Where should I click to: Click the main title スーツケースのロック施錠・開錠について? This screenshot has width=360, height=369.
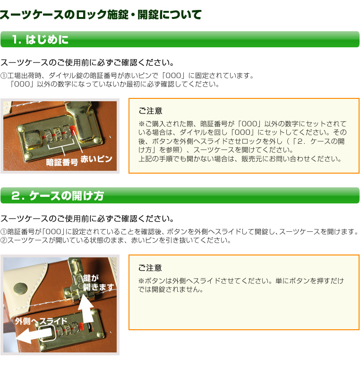pyautogui.click(x=101, y=15)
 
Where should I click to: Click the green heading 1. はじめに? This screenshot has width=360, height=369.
pyautogui.click(x=40, y=39)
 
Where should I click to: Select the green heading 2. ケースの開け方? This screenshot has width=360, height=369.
pyautogui.click(x=58, y=195)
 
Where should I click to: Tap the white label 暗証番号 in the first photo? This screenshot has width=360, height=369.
pyautogui.click(x=62, y=162)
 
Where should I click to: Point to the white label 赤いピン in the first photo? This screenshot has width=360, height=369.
pyautogui.click(x=96, y=159)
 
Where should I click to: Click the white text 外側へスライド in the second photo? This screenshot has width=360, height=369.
pyautogui.click(x=41, y=321)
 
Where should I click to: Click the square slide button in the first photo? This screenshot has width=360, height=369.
pyautogui.click(x=33, y=139)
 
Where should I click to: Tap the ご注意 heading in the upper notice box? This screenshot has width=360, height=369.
pyautogui.click(x=150, y=111)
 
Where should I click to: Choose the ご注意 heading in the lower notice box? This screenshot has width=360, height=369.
pyautogui.click(x=150, y=268)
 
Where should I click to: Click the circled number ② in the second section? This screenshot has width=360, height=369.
pyautogui.click(x=4, y=240)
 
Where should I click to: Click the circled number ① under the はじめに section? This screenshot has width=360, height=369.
pyautogui.click(x=4, y=76)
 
